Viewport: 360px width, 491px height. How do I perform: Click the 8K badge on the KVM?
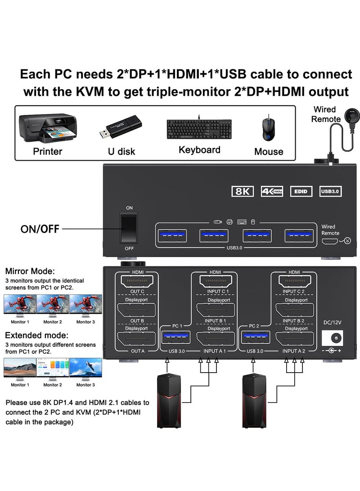click(242, 191)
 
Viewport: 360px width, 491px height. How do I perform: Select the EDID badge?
click(301, 191)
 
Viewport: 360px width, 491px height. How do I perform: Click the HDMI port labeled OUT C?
click(136, 282)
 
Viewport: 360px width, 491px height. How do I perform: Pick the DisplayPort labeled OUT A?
click(136, 339)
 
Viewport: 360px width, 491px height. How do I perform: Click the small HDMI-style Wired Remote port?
click(330, 241)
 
